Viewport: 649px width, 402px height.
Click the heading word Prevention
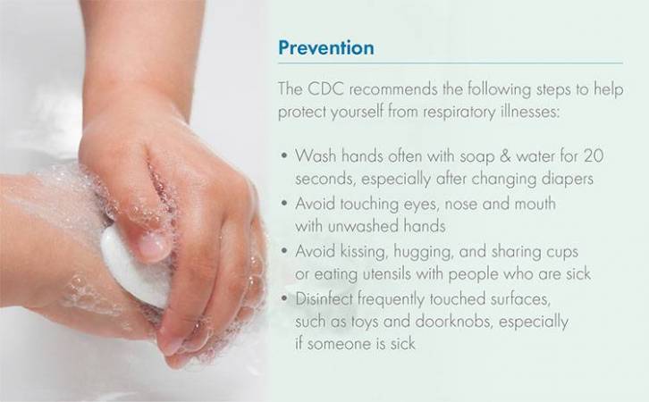pyautogui.click(x=326, y=47)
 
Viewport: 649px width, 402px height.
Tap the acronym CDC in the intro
pyautogui.click(x=325, y=89)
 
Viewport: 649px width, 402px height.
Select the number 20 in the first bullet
pyautogui.click(x=594, y=156)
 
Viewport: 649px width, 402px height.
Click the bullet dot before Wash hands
pyautogui.click(x=284, y=156)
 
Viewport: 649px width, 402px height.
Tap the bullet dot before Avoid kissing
pyautogui.click(x=284, y=251)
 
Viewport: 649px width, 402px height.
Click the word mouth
pyautogui.click(x=535, y=204)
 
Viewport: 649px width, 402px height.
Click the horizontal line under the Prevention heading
pyautogui.click(x=451, y=63)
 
